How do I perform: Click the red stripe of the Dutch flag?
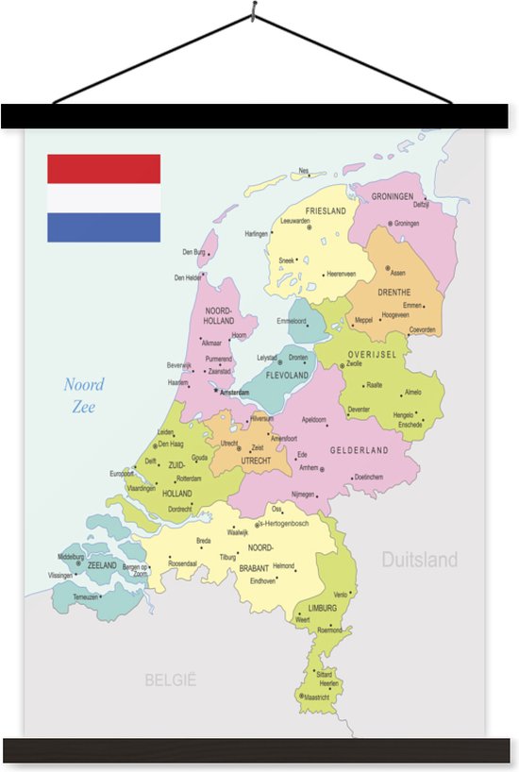104,169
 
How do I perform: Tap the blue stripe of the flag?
104,227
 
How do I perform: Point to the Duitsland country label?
419,560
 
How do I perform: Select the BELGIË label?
170,679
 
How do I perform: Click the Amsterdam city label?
235,391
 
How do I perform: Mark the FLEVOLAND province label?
288,375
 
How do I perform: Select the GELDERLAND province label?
359,451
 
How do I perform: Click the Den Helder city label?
188,277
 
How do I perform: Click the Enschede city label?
410,425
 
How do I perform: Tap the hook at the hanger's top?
253,12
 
